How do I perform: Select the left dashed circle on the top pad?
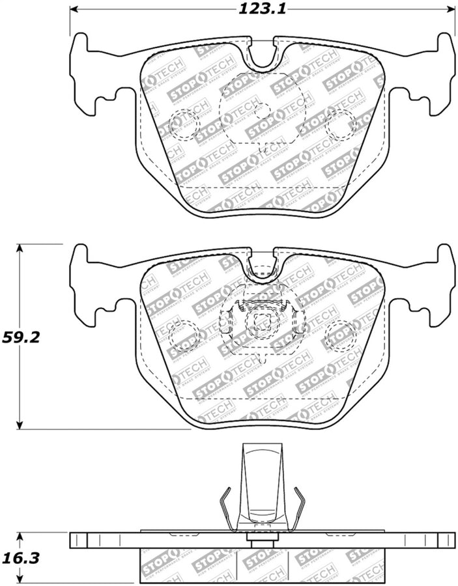(182, 125)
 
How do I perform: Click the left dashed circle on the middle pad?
(182, 336)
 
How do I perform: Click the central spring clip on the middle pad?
(261, 319)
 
